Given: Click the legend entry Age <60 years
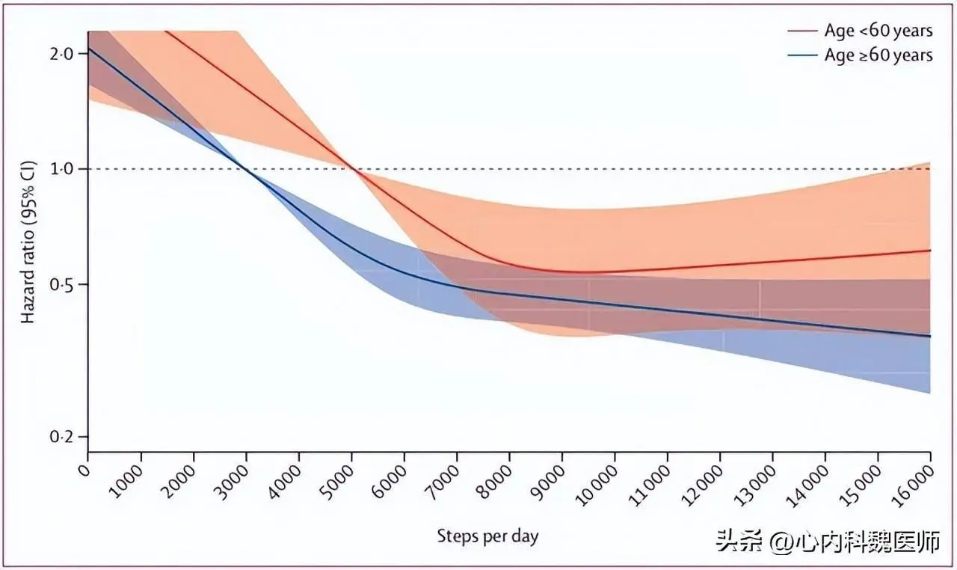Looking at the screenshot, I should (x=878, y=31).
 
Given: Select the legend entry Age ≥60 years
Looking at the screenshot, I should (x=878, y=55).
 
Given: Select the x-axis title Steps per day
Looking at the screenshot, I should (x=487, y=536).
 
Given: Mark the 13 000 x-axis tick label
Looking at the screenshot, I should (x=754, y=484).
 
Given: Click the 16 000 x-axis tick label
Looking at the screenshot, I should (x=912, y=484).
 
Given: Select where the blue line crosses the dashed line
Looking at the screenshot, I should (x=247, y=169).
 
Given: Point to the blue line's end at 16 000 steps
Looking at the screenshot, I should (x=930, y=336).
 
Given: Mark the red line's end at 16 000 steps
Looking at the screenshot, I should (x=930, y=251).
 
